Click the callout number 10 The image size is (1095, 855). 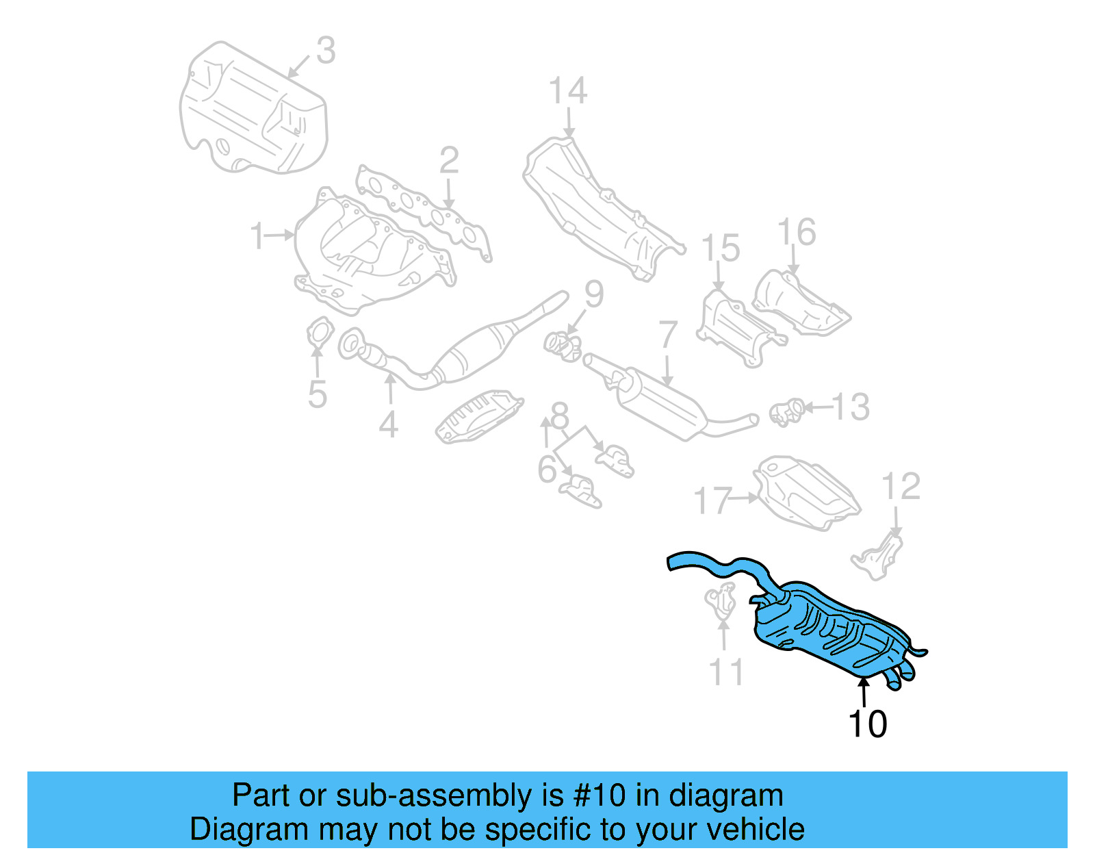point(867,724)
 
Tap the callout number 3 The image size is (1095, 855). point(326,51)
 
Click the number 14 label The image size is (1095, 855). point(568,91)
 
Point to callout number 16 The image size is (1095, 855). point(797,233)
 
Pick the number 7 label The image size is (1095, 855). point(668,335)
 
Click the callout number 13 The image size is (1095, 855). point(851,407)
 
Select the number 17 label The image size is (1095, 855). point(712,500)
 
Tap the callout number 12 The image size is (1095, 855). point(901,487)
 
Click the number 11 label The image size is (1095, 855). point(726,673)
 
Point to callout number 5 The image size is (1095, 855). point(317,395)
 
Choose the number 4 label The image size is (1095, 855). point(389,425)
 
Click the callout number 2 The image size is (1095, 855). point(449,161)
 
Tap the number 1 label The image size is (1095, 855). point(257,237)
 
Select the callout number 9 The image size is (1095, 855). point(594,294)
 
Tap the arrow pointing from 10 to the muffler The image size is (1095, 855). point(864,691)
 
